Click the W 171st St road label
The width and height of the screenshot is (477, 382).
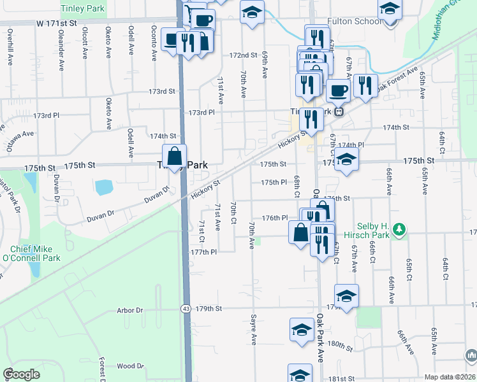pyautogui.click(x=56, y=22)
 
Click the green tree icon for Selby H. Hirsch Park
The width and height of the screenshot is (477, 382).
pyautogui.click(x=399, y=229)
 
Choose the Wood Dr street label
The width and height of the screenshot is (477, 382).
pyautogui.click(x=130, y=366)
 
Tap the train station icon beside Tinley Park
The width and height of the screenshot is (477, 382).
pyautogui.click(x=340, y=112)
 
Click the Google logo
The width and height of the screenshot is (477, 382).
pyautogui.click(x=22, y=374)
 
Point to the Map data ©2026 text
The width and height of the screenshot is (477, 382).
pyautogui.click(x=449, y=377)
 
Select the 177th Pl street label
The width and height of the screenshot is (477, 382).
pyautogui.click(x=205, y=252)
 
